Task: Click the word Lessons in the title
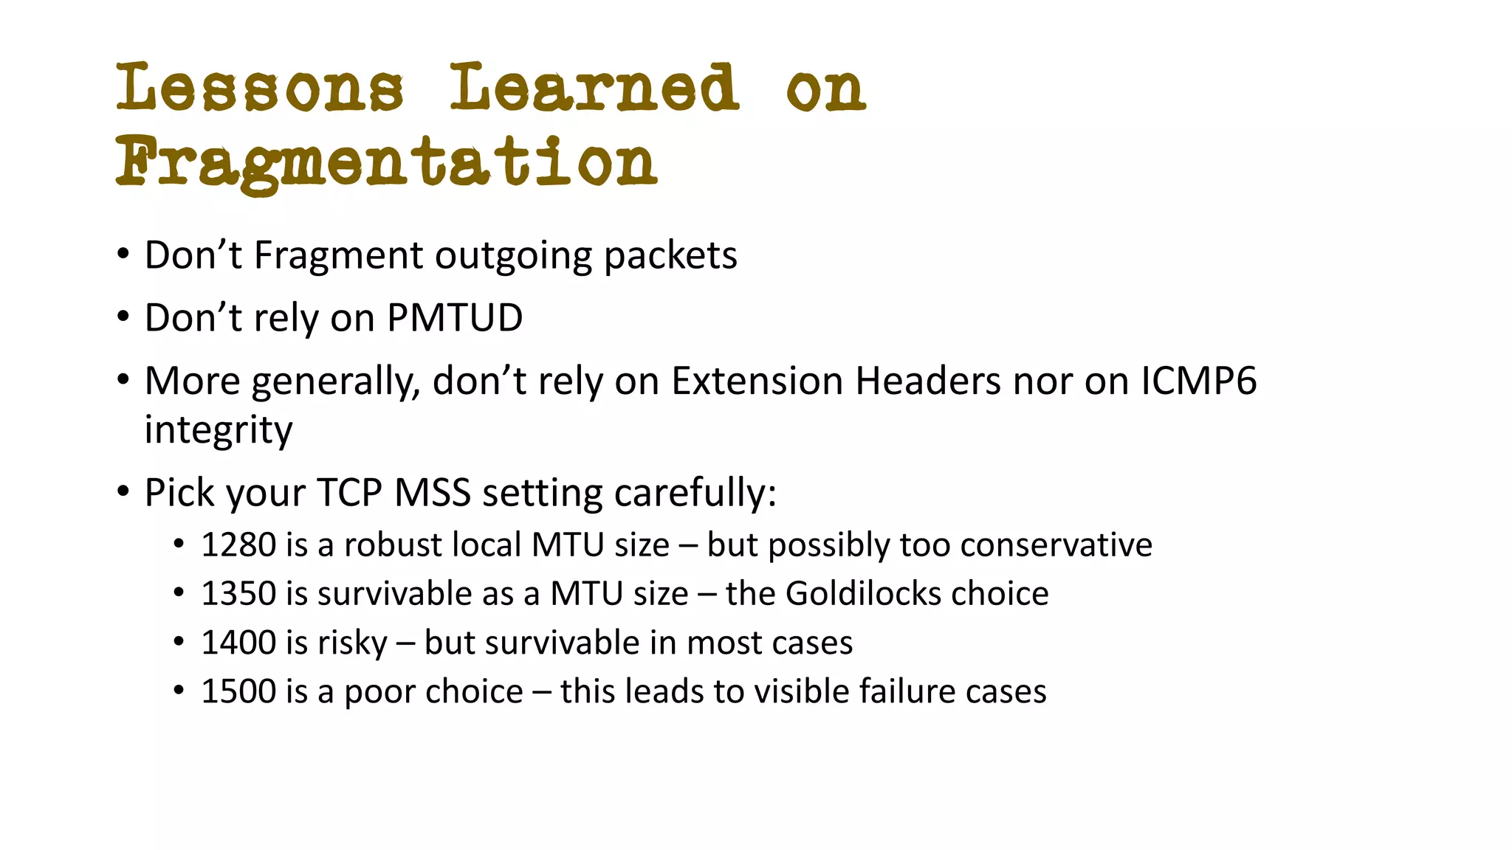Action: [260, 89]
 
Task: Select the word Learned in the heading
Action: [594, 89]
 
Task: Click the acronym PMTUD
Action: [455, 318]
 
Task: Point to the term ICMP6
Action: [1198, 381]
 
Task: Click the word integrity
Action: [219, 430]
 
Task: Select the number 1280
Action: [238, 545]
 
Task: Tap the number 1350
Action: [238, 594]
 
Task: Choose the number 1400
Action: [238, 643]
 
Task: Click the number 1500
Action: [238, 692]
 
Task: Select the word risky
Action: [351, 643]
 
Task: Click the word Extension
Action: [757, 381]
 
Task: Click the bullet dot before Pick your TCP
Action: [123, 490]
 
